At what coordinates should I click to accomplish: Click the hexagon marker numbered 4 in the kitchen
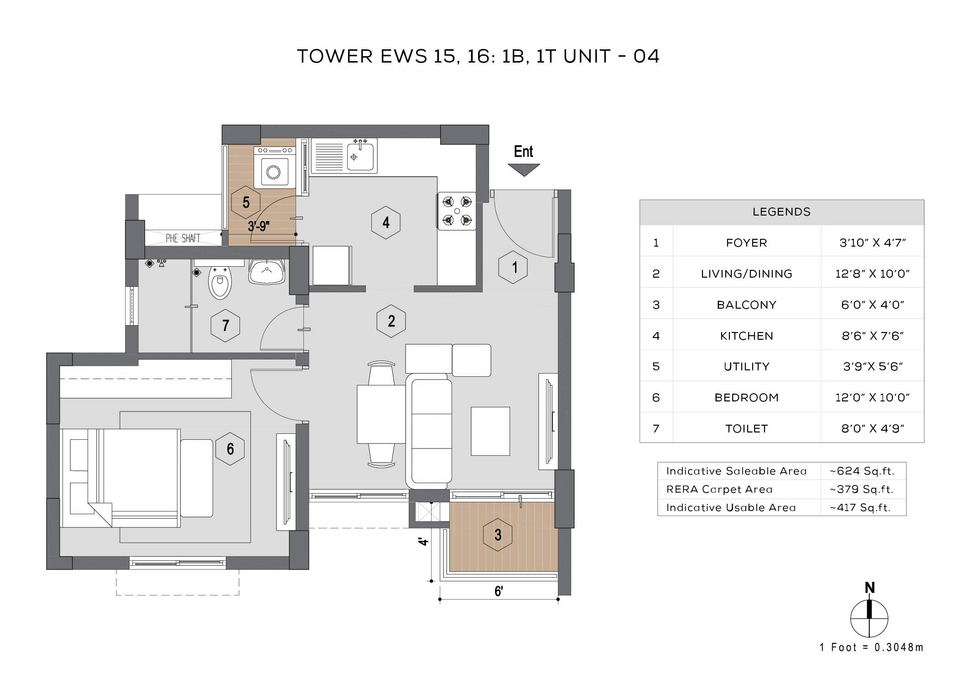tap(386, 222)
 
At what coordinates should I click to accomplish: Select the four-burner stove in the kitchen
tap(457, 211)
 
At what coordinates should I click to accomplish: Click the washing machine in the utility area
tap(274, 171)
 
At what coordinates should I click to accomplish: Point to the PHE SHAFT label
tap(183, 238)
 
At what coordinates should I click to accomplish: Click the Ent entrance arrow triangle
tap(524, 169)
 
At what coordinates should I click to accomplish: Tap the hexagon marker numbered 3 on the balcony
tap(498, 535)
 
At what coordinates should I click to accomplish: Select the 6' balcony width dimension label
tap(499, 591)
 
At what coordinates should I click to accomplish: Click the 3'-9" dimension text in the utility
tap(259, 226)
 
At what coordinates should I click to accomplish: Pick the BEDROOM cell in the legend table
tap(746, 397)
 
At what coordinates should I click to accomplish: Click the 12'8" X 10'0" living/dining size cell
tap(872, 274)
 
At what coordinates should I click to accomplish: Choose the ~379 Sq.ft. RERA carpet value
tap(862, 489)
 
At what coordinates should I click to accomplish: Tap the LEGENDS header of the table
tap(781, 212)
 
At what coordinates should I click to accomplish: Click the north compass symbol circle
tap(869, 619)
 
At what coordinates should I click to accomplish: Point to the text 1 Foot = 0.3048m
tap(871, 648)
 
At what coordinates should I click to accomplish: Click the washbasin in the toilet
tap(267, 272)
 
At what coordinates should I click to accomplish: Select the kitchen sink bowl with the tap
tap(360, 157)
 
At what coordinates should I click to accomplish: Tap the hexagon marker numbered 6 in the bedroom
tap(230, 449)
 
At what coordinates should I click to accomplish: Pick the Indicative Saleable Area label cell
tap(736, 471)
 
